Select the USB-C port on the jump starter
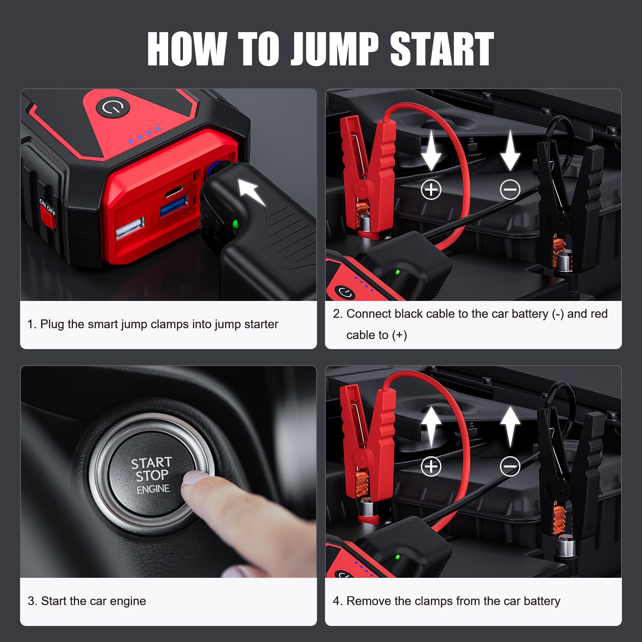pyautogui.click(x=174, y=190)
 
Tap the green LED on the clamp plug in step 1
pyautogui.click(x=235, y=223)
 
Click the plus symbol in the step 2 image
pyautogui.click(x=431, y=189)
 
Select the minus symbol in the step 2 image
pyautogui.click(x=510, y=189)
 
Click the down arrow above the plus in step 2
pyautogui.click(x=431, y=150)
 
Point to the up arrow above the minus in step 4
pyautogui.click(x=510, y=426)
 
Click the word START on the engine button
pyautogui.click(x=152, y=463)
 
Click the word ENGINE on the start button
pyautogui.click(x=153, y=489)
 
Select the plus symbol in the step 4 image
pyautogui.click(x=431, y=466)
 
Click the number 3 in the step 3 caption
pyautogui.click(x=31, y=601)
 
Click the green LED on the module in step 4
pyautogui.click(x=397, y=557)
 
